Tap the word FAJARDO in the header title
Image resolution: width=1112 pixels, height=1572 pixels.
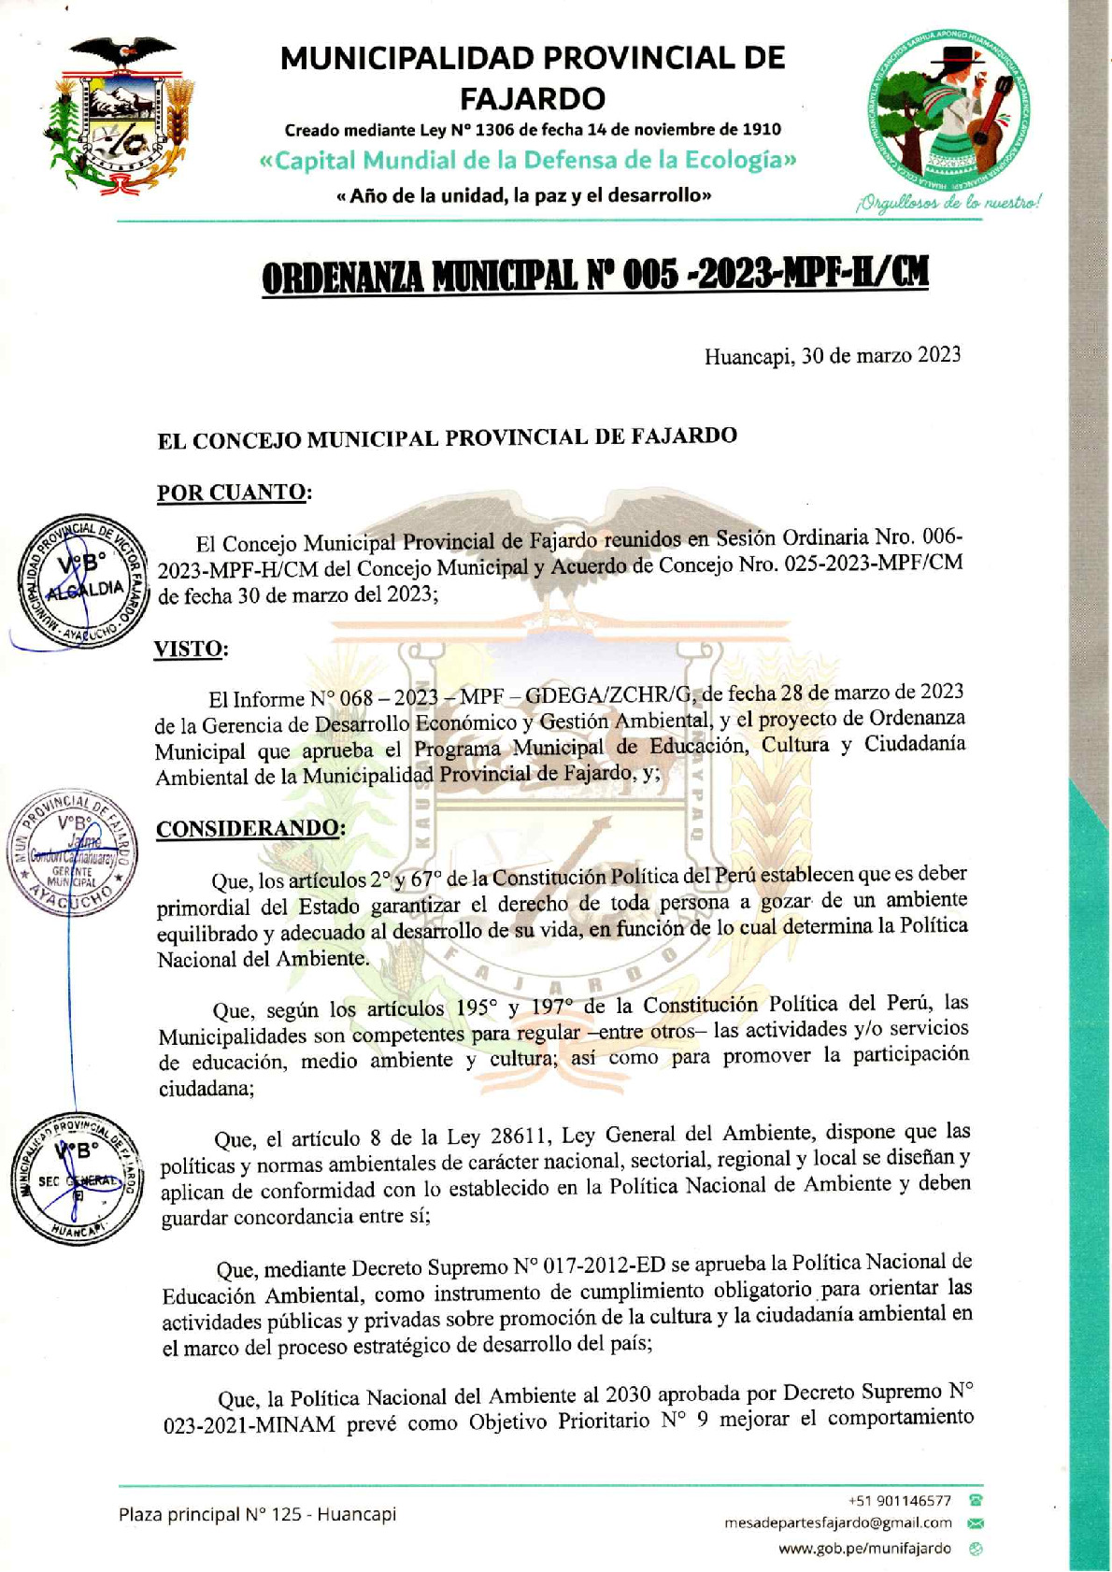click(533, 98)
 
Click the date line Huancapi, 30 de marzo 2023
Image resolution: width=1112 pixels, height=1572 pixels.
click(832, 355)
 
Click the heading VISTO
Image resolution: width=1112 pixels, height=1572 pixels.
click(191, 650)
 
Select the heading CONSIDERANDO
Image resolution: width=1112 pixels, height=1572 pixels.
click(249, 829)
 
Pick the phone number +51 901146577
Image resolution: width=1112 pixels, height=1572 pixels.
click(900, 1501)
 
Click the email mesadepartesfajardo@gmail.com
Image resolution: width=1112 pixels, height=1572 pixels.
click(838, 1522)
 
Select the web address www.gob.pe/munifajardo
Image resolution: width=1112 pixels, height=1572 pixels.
click(864, 1549)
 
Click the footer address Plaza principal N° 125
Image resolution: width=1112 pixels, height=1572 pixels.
click(257, 1514)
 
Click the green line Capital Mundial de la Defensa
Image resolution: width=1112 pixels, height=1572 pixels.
click(529, 161)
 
